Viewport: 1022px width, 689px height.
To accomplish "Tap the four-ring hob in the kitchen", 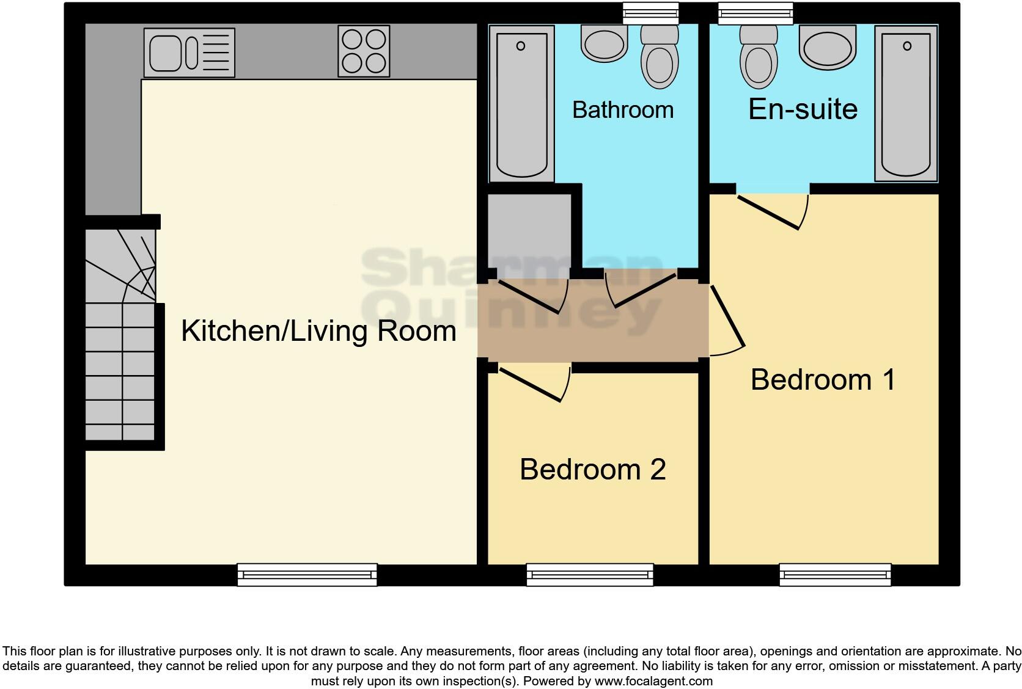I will [x=364, y=51].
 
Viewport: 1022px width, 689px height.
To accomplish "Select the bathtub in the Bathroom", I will [x=521, y=104].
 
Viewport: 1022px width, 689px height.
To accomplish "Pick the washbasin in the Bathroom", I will [x=605, y=43].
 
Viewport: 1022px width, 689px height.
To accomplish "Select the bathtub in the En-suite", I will [x=906, y=104].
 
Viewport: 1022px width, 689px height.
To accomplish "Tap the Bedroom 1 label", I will [x=823, y=380].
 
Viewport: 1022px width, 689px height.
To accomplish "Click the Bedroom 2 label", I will [x=592, y=470].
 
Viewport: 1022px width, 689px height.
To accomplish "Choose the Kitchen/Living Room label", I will [x=318, y=331].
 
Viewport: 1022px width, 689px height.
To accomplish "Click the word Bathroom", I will [x=622, y=110].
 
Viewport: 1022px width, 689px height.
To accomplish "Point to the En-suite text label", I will [x=803, y=109].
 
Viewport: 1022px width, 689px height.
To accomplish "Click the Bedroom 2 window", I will [x=590, y=574].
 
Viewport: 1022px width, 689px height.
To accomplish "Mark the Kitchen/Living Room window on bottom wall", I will [x=307, y=574].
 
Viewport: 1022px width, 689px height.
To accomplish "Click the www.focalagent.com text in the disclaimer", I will [x=653, y=680].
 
